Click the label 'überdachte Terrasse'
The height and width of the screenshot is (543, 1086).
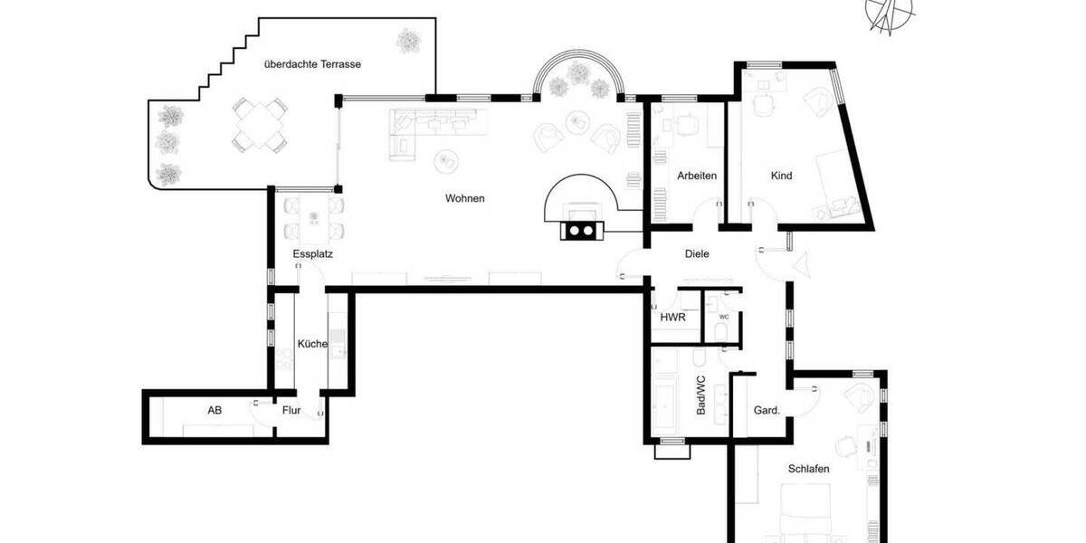312,64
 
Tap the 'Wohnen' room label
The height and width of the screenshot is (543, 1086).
464,198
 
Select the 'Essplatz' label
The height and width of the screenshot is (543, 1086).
313,254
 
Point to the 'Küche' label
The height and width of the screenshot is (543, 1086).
311,344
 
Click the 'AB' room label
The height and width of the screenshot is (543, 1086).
214,410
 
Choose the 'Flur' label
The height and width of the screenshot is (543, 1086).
291,410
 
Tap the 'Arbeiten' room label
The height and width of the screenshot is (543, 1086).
697,176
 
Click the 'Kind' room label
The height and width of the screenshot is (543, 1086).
781,176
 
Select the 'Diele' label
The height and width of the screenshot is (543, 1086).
697,254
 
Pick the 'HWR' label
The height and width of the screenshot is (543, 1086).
672,318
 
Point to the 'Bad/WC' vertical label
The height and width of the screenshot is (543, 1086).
700,395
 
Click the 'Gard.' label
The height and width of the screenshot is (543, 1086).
766,410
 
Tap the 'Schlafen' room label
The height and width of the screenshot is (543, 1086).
808,469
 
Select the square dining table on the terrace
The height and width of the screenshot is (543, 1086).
259,126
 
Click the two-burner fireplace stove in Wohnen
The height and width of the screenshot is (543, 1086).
579,230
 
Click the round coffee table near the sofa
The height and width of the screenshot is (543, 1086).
446,161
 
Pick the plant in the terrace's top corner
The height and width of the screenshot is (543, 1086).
409,40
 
